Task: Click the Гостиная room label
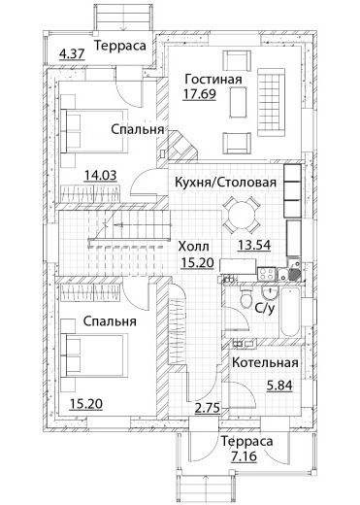pyautogui.click(x=213, y=79)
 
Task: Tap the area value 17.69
pyautogui.click(x=199, y=94)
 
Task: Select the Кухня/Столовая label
pyautogui.click(x=225, y=183)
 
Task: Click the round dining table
pyautogui.click(x=242, y=216)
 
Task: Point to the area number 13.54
pyautogui.click(x=254, y=245)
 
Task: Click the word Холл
pyautogui.click(x=194, y=247)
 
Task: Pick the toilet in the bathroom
pyautogui.click(x=247, y=297)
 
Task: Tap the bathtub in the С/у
pyautogui.click(x=290, y=312)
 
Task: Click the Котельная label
pyautogui.click(x=265, y=362)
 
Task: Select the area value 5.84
pyautogui.click(x=279, y=386)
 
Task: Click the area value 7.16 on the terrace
pyautogui.click(x=244, y=456)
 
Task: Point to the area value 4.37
pyautogui.click(x=72, y=53)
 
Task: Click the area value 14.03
pyautogui.click(x=100, y=175)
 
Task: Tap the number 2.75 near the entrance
pyautogui.click(x=208, y=408)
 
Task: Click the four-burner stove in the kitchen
pyautogui.click(x=267, y=274)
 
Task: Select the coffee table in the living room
pyautogui.click(x=239, y=103)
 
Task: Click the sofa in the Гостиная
pyautogui.click(x=271, y=102)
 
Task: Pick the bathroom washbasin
pyautogui.click(x=269, y=293)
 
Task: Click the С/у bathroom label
pyautogui.click(x=265, y=308)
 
